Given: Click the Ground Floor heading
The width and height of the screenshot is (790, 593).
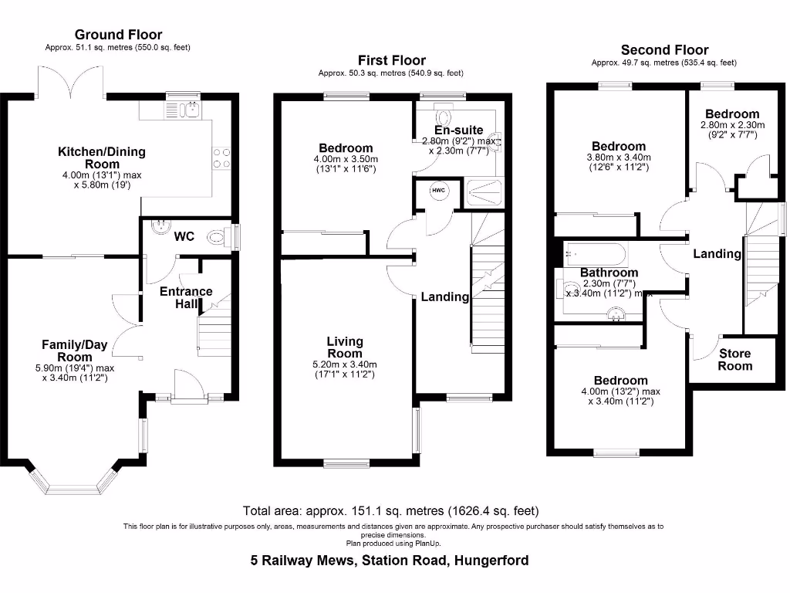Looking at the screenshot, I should [x=118, y=34].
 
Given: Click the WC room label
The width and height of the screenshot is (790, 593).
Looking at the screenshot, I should [x=184, y=236].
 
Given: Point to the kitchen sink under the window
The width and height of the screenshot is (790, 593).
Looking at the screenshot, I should [x=188, y=110].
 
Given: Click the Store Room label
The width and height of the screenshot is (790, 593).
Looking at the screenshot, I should [x=734, y=360].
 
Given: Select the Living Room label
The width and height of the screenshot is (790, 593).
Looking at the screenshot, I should [x=345, y=347].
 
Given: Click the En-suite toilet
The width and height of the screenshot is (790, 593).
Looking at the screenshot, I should [x=443, y=117].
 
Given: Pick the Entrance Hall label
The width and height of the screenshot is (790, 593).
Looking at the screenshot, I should [x=186, y=297].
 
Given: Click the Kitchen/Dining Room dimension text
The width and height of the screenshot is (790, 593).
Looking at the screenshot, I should [x=102, y=181].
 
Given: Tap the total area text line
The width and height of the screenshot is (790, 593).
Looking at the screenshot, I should [x=390, y=510].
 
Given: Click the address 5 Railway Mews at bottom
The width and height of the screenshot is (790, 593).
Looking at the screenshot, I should [x=390, y=561].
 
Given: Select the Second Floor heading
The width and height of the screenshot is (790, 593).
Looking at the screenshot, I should [x=664, y=50].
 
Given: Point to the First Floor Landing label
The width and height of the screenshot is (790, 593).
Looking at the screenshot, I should [x=444, y=296].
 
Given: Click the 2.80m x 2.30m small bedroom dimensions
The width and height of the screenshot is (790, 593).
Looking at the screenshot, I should [x=731, y=130].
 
